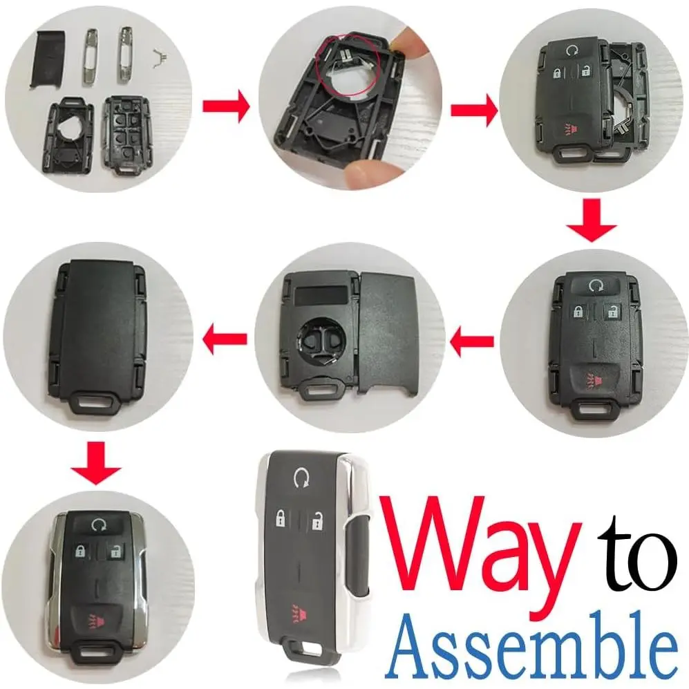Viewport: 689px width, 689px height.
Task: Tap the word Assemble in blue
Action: pyautogui.click(x=530, y=645)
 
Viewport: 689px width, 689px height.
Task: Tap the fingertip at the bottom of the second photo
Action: pyautogui.click(x=360, y=173)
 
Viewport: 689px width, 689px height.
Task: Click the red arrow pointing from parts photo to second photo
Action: pyautogui.click(x=226, y=106)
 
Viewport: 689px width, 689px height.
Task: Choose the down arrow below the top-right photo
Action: pyautogui.click(x=592, y=221)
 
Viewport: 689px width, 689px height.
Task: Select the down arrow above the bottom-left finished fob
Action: pyautogui.click(x=95, y=464)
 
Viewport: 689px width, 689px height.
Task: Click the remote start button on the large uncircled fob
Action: pyautogui.click(x=301, y=478)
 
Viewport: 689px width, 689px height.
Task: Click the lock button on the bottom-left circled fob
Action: pyautogui.click(x=80, y=551)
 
